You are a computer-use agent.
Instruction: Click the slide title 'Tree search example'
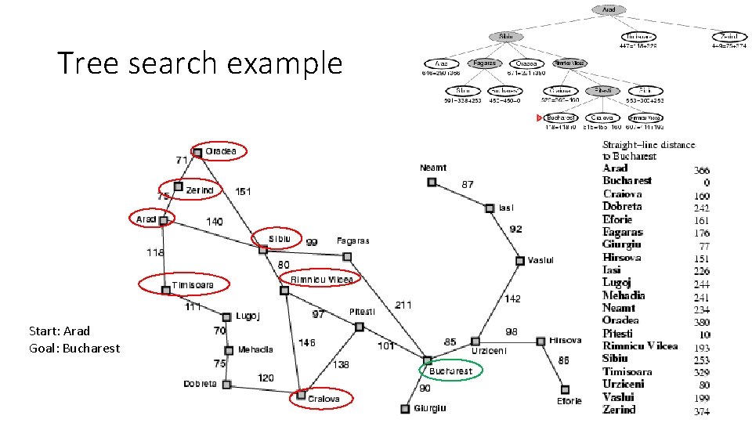[x=200, y=63]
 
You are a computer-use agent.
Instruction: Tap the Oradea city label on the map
[x=221, y=151]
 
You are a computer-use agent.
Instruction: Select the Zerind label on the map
[x=200, y=190]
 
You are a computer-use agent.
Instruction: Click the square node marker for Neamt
[x=432, y=182]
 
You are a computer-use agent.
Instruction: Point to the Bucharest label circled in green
[x=451, y=371]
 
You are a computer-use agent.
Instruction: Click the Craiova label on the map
[x=324, y=399]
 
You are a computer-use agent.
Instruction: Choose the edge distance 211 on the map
[x=403, y=304]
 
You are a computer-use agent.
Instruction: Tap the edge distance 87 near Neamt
[x=467, y=184]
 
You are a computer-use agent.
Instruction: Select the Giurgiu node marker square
[x=405, y=408]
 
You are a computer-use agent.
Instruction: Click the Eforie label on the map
[x=569, y=401]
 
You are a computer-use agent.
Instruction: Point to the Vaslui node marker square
[x=519, y=261]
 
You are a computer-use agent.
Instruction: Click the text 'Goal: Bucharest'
[x=74, y=348]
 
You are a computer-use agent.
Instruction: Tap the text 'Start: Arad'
[x=59, y=331]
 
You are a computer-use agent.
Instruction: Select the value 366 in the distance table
[x=702, y=170]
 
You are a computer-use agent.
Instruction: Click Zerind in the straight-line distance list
[x=619, y=410]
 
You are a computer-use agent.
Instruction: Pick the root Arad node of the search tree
[x=609, y=10]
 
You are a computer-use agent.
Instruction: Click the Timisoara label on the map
[x=193, y=285]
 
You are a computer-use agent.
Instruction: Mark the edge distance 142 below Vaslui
[x=512, y=298]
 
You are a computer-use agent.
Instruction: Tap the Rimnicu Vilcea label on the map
[x=322, y=280]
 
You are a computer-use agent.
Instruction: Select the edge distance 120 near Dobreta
[x=266, y=378]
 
